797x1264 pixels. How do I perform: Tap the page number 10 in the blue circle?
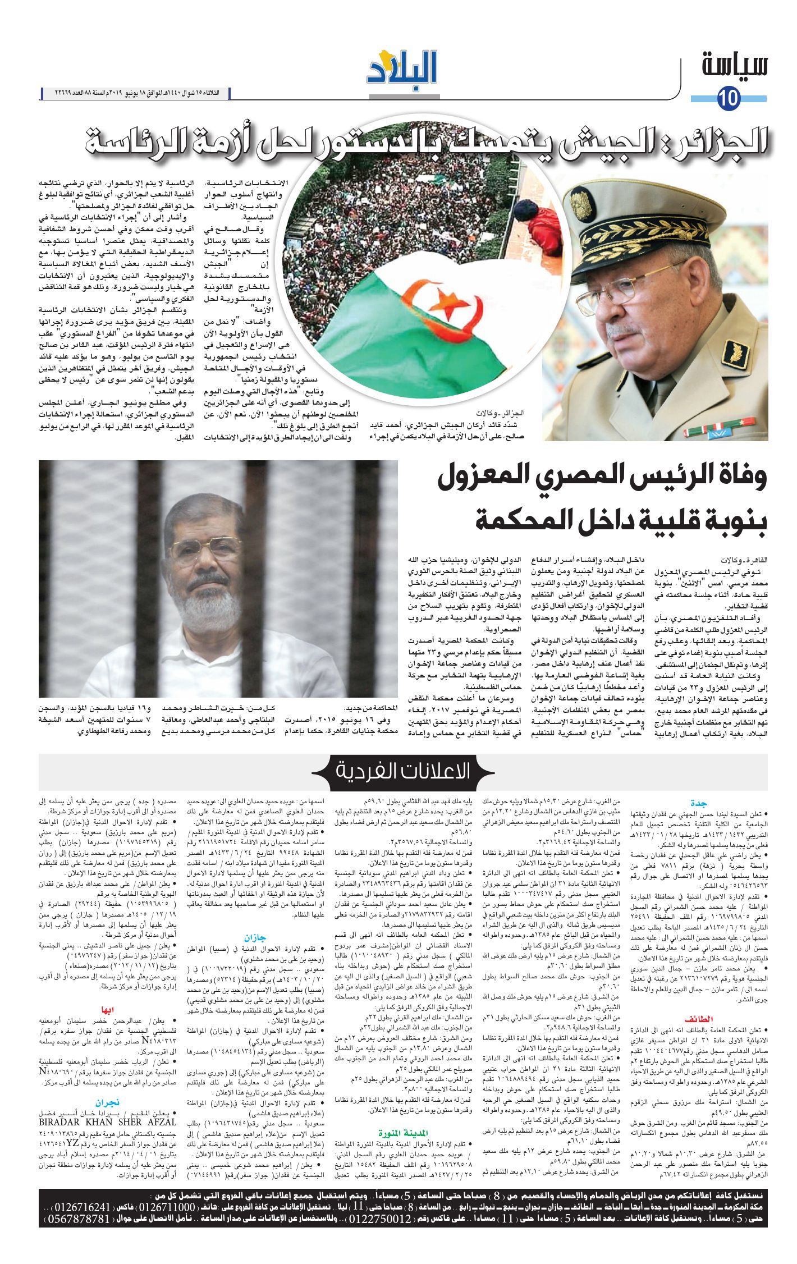click(729, 99)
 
